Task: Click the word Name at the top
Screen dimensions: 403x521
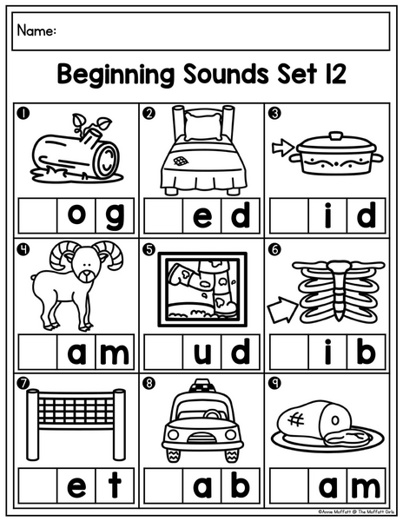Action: tap(34, 30)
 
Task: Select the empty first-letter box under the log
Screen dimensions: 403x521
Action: tap(38, 215)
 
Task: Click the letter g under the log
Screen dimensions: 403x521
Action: tap(115, 216)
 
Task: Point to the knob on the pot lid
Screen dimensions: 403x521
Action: tap(335, 135)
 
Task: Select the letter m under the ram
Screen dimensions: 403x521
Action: tap(115, 354)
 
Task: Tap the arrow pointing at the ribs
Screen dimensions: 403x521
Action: tap(282, 310)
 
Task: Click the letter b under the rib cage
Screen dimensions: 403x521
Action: tap(367, 352)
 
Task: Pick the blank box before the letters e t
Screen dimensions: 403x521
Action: tap(38, 485)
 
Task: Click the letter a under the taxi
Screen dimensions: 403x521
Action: tap(202, 487)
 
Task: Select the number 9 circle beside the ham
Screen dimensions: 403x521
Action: tap(275, 384)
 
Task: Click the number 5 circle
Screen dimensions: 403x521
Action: tap(149, 249)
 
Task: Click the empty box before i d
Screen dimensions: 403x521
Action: tap(289, 215)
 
